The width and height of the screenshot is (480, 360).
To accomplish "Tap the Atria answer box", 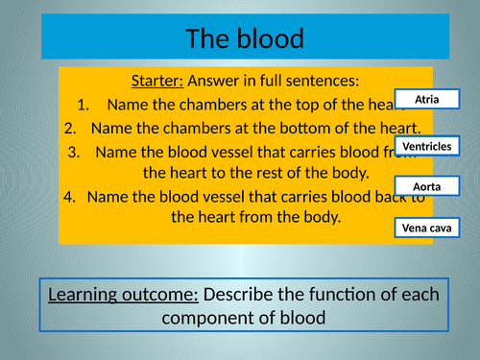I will click(x=427, y=99).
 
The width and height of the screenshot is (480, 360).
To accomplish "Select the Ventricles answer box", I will click(x=427, y=146).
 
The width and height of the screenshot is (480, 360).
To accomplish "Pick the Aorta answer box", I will click(x=427, y=186).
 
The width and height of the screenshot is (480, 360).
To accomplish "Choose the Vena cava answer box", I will click(x=427, y=228).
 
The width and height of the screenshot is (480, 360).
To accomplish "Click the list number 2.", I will click(x=70, y=128).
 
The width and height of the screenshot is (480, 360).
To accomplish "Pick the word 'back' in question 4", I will click(x=392, y=197).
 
